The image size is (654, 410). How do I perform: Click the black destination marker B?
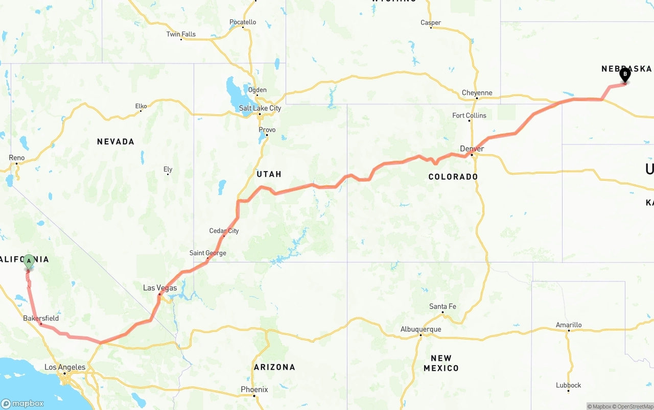pos(625,75)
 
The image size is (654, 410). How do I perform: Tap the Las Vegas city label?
pos(160,288)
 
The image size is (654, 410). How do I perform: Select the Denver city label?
pos(472,149)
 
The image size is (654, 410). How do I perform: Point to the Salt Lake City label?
pos(260,108)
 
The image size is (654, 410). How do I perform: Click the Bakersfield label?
pos(41,318)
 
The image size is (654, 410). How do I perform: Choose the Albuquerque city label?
pos(421,329)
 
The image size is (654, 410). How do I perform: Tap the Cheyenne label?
pos(477,93)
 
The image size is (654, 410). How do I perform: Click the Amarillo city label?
pos(569,325)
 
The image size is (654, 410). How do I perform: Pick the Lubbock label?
pos(569,385)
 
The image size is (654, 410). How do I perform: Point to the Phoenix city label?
pos(254,390)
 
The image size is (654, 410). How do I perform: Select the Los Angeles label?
pos(65,367)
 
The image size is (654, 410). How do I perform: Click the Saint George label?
pos(207,253)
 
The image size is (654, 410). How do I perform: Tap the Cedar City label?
pos(224,231)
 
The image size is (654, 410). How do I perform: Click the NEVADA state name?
pos(115,141)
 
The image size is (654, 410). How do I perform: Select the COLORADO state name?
pos(453,177)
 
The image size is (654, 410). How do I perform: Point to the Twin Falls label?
pos(181,34)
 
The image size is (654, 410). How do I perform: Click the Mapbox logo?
pos(22,403)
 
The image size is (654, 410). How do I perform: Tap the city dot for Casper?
pos(431,28)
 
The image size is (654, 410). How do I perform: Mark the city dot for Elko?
pos(141,111)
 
